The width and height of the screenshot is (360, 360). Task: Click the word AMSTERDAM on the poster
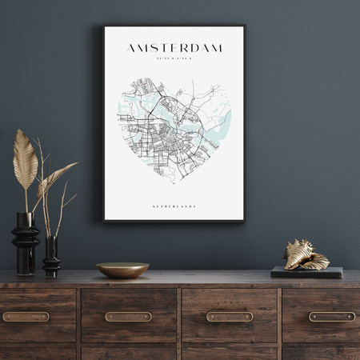(174, 48)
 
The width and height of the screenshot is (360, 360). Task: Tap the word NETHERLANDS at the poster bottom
(174, 206)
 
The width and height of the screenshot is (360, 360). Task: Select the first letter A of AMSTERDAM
(131, 48)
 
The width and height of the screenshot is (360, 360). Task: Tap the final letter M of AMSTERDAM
(217, 48)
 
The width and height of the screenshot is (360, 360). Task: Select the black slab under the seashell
(306, 272)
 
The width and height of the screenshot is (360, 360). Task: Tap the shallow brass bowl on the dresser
(122, 270)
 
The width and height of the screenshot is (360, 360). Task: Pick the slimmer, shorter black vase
(51, 256)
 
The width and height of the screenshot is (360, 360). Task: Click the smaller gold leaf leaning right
(58, 177)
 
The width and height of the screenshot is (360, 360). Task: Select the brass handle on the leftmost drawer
(26, 317)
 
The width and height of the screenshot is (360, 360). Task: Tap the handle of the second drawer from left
(128, 317)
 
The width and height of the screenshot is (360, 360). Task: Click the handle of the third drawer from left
(230, 317)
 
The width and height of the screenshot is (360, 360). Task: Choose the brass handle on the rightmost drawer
(331, 317)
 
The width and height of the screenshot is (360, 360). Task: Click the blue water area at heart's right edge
(223, 124)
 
